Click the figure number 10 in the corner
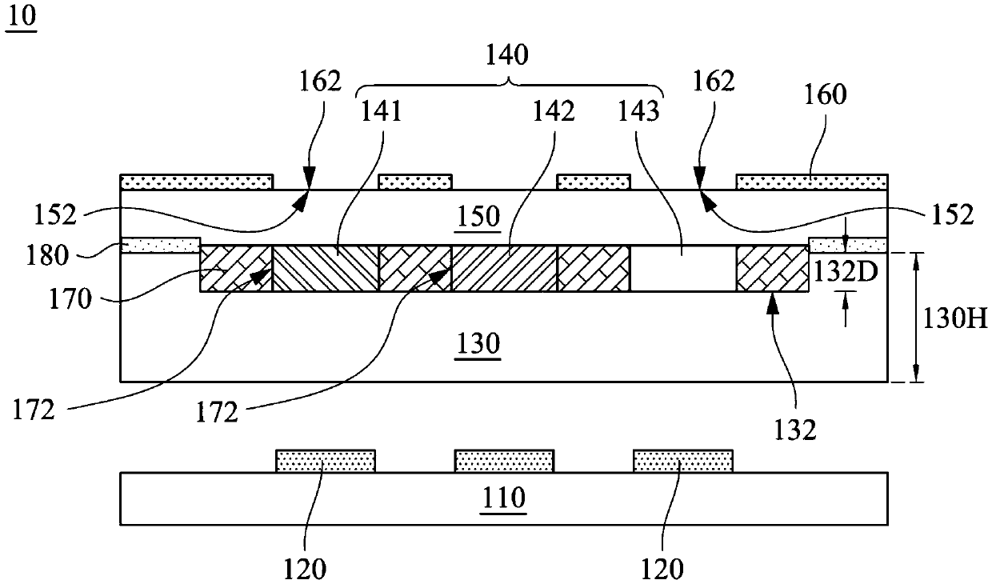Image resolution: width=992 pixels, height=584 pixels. click(21, 18)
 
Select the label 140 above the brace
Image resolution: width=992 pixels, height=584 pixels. click(507, 55)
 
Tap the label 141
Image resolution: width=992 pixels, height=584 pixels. click(382, 111)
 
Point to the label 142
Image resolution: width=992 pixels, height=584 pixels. click(554, 111)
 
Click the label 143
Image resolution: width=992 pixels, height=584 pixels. click(638, 111)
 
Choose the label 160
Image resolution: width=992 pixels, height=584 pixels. click(826, 94)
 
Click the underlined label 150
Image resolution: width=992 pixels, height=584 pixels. click(478, 217)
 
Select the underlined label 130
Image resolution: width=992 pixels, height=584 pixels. click(478, 343)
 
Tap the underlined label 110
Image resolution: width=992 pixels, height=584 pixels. click(503, 498)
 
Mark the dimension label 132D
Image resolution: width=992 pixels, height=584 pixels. click(846, 271)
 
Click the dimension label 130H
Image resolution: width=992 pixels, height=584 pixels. click(955, 318)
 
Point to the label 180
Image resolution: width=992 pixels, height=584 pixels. click(47, 255)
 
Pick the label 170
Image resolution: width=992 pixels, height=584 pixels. click(70, 299)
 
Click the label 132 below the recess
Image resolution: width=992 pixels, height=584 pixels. click(795, 430)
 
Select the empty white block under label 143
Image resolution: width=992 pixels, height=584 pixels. click(683, 268)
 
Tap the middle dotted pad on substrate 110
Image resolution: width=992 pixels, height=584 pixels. click(505, 461)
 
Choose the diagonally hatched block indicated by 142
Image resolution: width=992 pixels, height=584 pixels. click(504, 268)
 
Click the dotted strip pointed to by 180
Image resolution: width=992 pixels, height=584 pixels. click(160, 246)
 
